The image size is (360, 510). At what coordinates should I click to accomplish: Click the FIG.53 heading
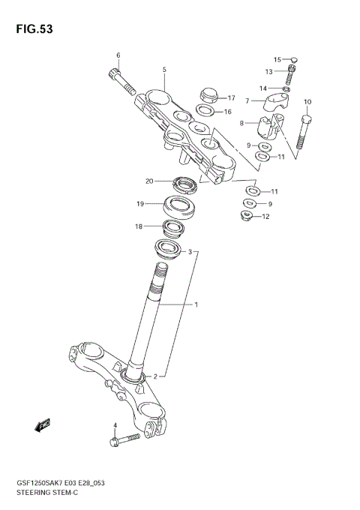[31, 29]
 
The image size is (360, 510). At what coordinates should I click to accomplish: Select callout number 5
[163, 70]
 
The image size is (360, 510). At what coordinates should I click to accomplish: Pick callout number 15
[276, 59]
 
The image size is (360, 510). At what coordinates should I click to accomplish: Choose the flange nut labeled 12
[245, 217]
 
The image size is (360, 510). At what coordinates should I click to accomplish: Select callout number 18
[139, 226]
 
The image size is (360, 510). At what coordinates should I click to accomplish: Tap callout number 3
[190, 252]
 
